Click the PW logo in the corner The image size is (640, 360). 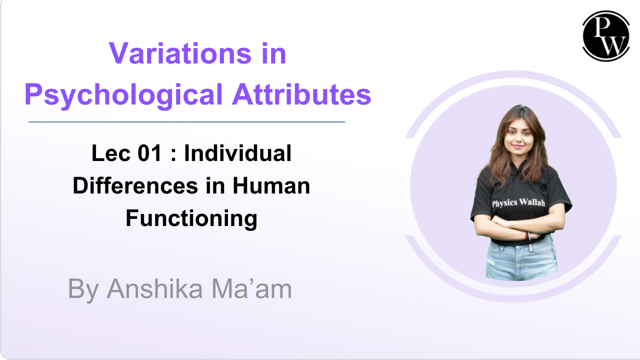[606, 36]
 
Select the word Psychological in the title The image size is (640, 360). [123, 95]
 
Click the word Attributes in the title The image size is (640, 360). [301, 94]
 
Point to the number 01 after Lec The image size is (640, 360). [149, 153]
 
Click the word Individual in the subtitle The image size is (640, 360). [237, 153]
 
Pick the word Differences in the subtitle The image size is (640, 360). [135, 185]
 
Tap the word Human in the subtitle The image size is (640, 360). [271, 185]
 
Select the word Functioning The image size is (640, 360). [191, 219]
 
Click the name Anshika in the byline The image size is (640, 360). [155, 289]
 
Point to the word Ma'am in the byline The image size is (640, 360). [251, 289]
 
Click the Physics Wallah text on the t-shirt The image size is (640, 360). [518, 202]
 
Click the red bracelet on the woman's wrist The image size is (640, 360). [525, 235]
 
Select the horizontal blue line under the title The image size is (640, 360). [187, 122]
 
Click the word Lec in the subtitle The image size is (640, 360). [111, 153]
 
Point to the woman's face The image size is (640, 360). [517, 137]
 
